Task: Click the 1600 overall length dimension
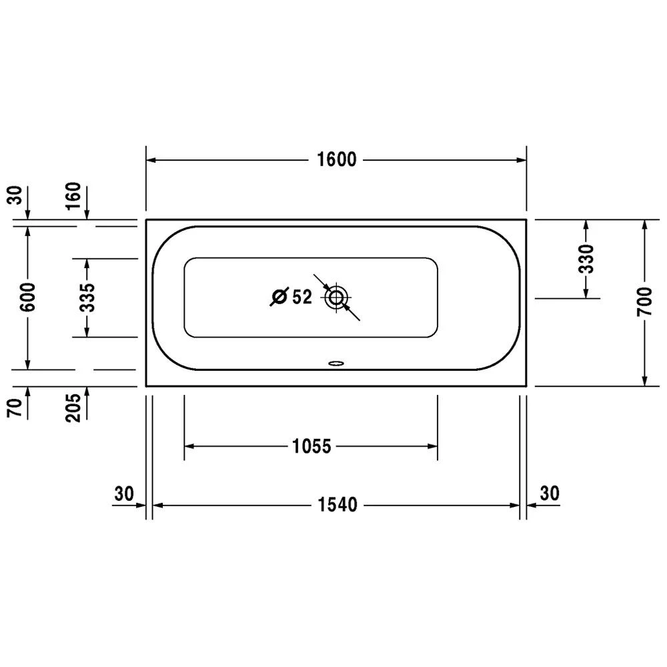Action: (336, 159)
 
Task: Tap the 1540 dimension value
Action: (338, 505)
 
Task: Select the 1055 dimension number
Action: (311, 446)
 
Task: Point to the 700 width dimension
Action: (644, 301)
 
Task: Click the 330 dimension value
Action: (586, 259)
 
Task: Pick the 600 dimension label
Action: (29, 297)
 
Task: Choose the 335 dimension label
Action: (87, 297)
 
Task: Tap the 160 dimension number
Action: (73, 195)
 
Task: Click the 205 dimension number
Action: (73, 408)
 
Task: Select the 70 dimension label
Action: (15, 408)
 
